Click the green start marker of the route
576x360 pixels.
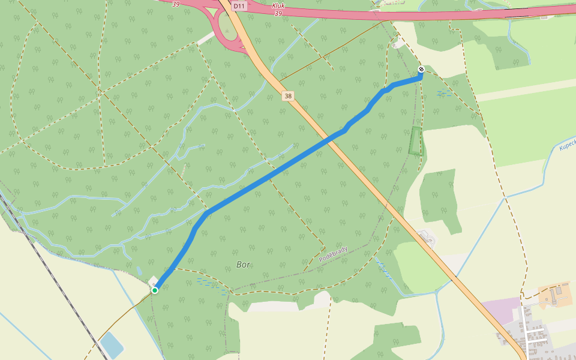point(154,290)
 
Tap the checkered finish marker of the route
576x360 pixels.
point(421,70)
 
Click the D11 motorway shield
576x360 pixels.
point(239,6)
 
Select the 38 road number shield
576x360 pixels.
point(288,96)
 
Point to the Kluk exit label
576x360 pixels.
point(278,6)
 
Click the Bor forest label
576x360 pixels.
point(244,264)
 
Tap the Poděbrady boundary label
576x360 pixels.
point(333,254)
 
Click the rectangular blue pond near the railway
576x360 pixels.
point(112,346)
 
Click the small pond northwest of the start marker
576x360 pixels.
point(139,271)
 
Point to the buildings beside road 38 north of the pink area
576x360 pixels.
point(430,238)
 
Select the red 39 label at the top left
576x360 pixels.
point(175,4)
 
